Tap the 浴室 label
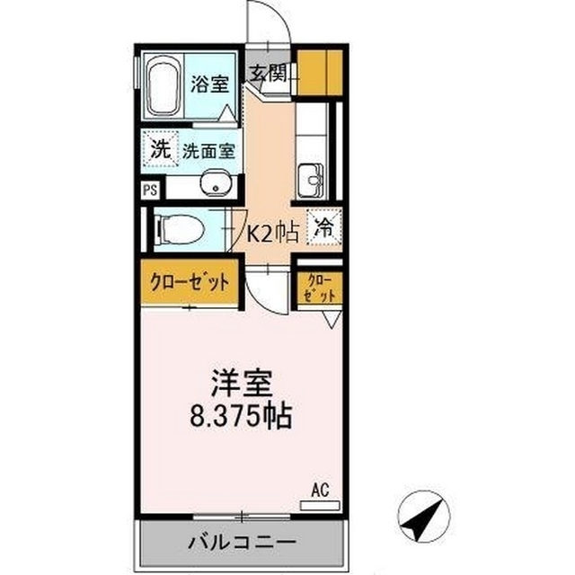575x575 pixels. pyautogui.click(x=209, y=84)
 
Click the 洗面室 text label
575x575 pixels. pyautogui.click(x=208, y=151)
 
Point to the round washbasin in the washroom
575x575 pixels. pyautogui.click(x=216, y=182)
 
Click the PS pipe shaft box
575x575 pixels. pyautogui.click(x=150, y=190)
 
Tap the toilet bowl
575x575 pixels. pyautogui.click(x=180, y=229)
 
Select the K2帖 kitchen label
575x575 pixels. pyautogui.click(x=272, y=233)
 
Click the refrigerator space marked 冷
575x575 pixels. pyautogui.click(x=324, y=226)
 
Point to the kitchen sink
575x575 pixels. pyautogui.click(x=311, y=181)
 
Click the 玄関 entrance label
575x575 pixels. pyautogui.click(x=269, y=74)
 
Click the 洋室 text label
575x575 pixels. pyautogui.click(x=241, y=384)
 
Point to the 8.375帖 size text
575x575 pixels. pyautogui.click(x=241, y=416)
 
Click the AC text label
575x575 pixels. pyautogui.click(x=320, y=491)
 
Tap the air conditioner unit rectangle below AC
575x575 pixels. pyautogui.click(x=320, y=505)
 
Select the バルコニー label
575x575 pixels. pyautogui.click(x=242, y=542)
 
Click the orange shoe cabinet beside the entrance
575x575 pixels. pyautogui.click(x=320, y=73)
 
